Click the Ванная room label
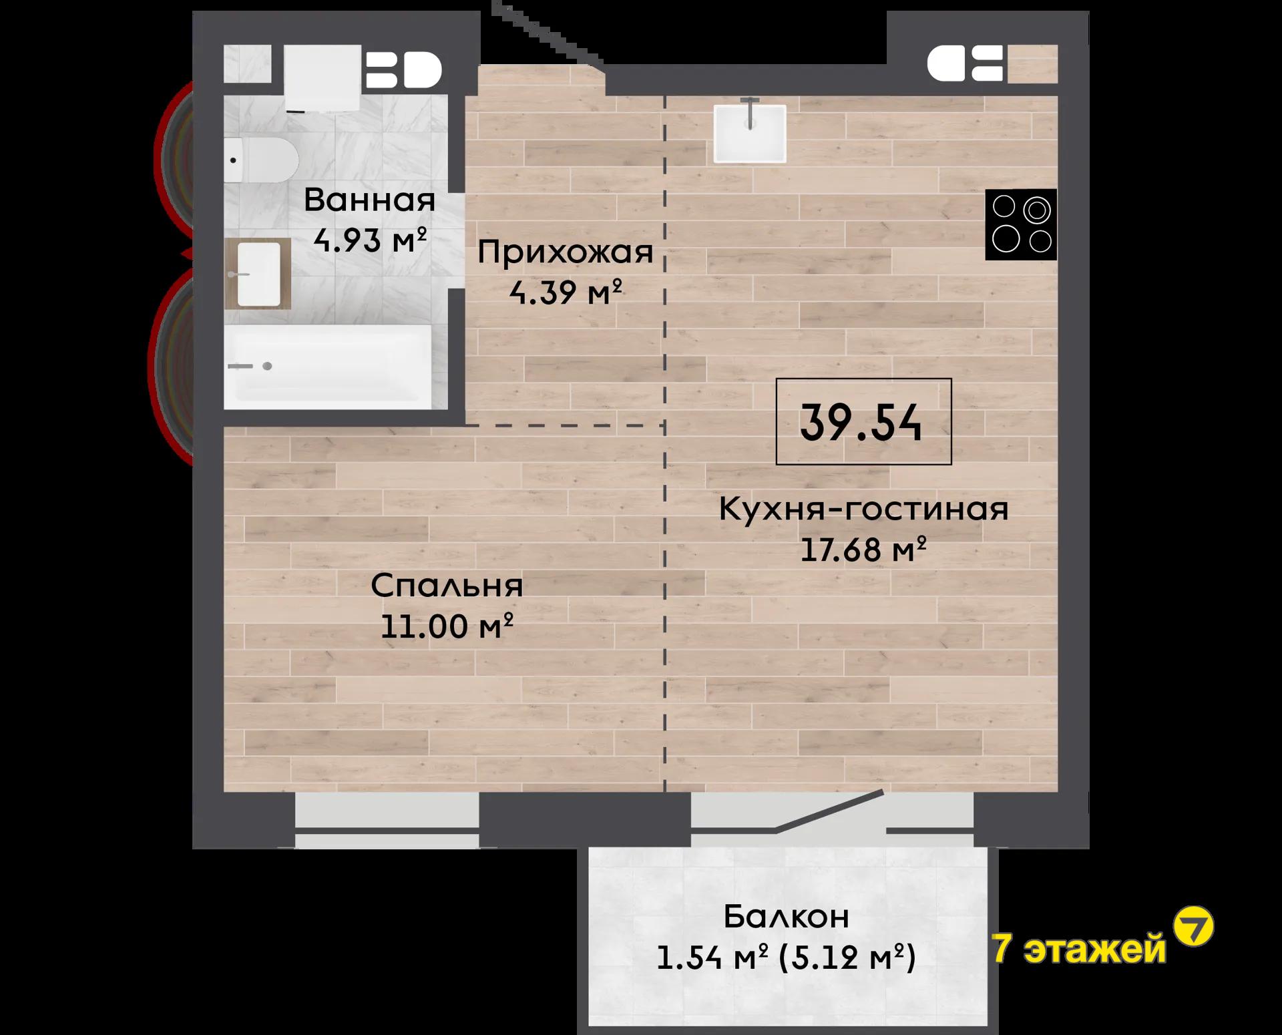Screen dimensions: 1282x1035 tap(369, 200)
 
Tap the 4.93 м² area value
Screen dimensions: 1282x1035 tap(370, 240)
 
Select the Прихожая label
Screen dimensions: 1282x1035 tap(565, 252)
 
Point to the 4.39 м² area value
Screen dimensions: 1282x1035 tap(566, 292)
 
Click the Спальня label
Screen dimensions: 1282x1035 tap(447, 586)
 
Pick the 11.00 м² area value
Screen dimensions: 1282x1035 tap(447, 626)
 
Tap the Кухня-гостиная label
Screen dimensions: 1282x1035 tap(863, 509)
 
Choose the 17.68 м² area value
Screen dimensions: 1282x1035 tap(863, 550)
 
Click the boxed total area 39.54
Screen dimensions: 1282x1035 tap(863, 422)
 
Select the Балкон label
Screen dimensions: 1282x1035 tap(786, 917)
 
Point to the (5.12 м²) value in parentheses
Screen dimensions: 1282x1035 tap(847, 958)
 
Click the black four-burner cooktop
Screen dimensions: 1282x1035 tap(1021, 224)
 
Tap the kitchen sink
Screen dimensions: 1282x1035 tap(750, 133)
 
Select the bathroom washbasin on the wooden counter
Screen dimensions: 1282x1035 tap(258, 274)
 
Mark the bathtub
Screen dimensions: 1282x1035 tap(328, 367)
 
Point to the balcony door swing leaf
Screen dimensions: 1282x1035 tap(829, 811)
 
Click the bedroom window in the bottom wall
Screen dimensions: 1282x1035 tap(387, 821)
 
